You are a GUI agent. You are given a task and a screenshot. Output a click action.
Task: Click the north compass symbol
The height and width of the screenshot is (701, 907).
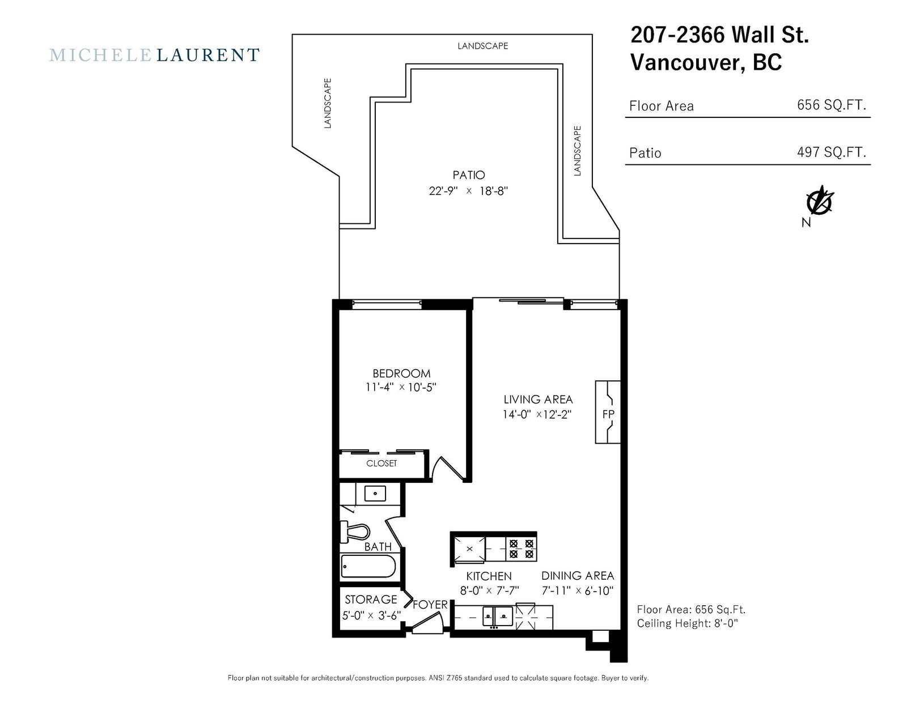pyautogui.click(x=820, y=202)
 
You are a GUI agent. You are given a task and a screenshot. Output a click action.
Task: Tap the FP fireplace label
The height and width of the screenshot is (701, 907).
pyautogui.click(x=608, y=414)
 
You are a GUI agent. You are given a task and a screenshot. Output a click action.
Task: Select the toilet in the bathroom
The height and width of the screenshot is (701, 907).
pyautogui.click(x=355, y=532)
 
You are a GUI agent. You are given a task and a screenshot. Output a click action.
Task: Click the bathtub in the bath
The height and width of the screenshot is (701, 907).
pyautogui.click(x=368, y=566)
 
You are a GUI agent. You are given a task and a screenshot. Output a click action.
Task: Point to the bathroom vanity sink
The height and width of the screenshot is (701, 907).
pyautogui.click(x=375, y=493)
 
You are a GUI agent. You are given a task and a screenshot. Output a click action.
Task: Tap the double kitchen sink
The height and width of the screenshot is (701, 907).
pyautogui.click(x=498, y=617)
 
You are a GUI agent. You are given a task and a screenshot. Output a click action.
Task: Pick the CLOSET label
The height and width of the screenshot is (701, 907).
pyautogui.click(x=382, y=463)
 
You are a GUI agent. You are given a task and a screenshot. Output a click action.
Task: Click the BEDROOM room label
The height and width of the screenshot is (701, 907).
pyautogui.click(x=401, y=373)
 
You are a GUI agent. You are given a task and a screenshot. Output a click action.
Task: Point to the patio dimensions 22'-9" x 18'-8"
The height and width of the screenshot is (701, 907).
pyautogui.click(x=468, y=191)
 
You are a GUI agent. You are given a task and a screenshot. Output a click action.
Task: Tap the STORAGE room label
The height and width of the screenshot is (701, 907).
pyautogui.click(x=371, y=600)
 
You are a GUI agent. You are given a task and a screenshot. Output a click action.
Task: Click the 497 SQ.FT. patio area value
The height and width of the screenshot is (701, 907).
pyautogui.click(x=832, y=152)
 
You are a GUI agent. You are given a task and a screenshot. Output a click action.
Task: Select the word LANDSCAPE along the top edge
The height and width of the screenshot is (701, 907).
pyautogui.click(x=483, y=46)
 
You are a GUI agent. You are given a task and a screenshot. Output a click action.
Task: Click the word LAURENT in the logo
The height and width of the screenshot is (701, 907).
pyautogui.click(x=208, y=55)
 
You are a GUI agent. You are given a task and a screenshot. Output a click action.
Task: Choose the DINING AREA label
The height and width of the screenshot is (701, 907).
pyautogui.click(x=578, y=576)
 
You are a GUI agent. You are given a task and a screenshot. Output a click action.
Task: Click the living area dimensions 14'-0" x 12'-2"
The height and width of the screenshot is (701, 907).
pyautogui.click(x=537, y=414)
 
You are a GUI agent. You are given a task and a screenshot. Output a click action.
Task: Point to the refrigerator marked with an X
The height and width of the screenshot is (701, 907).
pyautogui.click(x=469, y=549)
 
